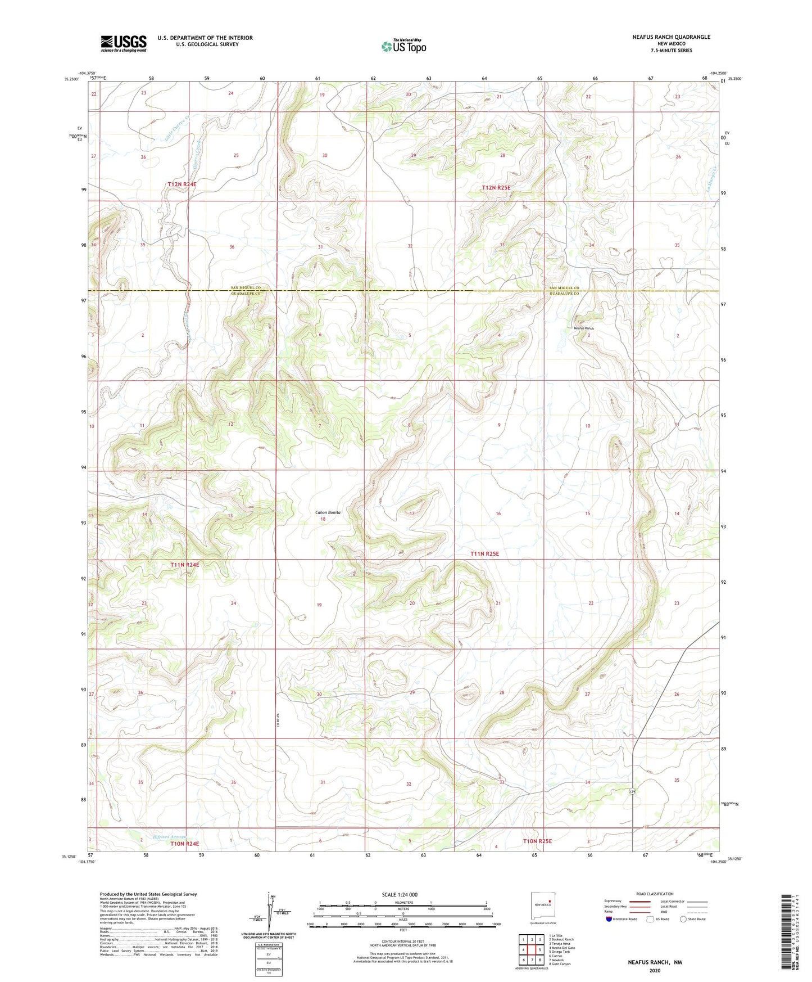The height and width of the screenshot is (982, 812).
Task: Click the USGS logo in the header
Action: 124,43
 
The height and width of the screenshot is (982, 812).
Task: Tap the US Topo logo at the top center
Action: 403,46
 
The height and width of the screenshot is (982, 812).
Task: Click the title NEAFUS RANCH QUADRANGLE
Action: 671,37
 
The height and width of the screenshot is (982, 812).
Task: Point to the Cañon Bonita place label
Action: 328,512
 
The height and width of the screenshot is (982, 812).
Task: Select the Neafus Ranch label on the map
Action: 583,328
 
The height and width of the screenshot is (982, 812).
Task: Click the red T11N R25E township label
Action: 484,553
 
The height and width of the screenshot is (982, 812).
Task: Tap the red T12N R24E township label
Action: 182,184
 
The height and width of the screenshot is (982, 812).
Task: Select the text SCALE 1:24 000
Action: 399,894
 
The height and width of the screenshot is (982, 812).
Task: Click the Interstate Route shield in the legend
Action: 609,919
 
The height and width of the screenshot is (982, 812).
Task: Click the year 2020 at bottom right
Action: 655,970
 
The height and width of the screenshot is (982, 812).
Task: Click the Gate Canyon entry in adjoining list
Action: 560,964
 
